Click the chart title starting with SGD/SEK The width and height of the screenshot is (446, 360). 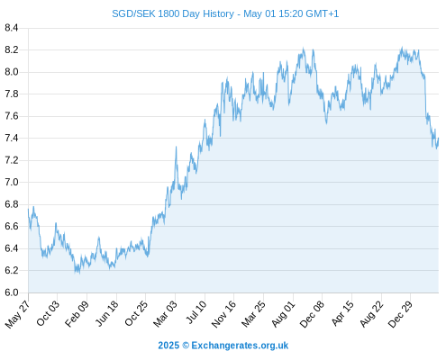point(225,13)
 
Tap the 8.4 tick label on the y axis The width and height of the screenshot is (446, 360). point(12,28)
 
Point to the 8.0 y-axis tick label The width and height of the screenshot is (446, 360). point(12,72)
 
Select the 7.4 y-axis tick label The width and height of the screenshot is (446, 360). point(12,139)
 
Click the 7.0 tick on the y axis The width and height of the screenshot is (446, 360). point(12,183)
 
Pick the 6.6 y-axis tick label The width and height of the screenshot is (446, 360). point(12,227)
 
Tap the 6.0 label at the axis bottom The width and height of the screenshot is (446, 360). point(12,292)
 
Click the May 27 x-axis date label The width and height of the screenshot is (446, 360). point(17,314)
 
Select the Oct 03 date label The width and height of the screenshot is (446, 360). point(48,313)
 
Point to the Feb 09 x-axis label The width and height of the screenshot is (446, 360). point(77,313)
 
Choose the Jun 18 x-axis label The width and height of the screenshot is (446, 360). point(106,313)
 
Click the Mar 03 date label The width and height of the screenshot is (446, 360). point(165,314)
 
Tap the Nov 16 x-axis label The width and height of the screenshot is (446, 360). point(223,314)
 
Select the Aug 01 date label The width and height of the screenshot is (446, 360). point(283,314)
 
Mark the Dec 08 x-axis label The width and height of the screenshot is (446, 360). point(312,314)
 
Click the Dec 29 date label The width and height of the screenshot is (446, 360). point(400,314)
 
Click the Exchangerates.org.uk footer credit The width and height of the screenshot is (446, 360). point(240,346)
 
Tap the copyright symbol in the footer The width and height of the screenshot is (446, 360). point(186,346)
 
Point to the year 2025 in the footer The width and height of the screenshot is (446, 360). point(168,346)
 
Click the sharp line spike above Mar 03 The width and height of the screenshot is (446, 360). point(176,147)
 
